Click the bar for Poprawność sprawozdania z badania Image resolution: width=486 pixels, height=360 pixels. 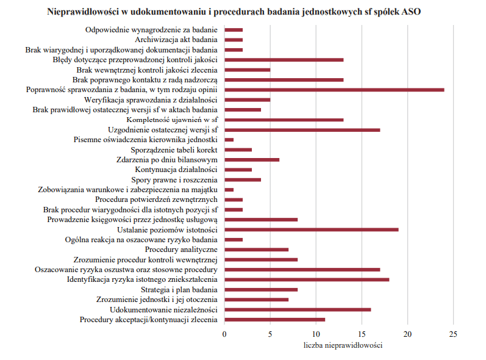pos(334,90)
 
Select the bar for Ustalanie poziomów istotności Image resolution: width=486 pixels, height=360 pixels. pos(312,230)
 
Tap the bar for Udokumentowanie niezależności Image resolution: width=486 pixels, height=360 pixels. pos(298,310)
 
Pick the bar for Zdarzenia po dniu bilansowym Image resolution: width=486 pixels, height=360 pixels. pos(252,160)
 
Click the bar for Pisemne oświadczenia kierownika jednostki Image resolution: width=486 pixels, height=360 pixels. pos(229,140)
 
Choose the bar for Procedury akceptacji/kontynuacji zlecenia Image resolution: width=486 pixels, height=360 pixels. pos(275,320)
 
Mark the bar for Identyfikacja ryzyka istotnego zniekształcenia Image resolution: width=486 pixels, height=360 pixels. pos(307,279)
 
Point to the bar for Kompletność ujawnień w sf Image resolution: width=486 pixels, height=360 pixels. pos(284,120)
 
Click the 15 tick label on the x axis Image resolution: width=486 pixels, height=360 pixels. pos(362,334)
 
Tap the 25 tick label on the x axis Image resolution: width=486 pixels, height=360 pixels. pos(453,334)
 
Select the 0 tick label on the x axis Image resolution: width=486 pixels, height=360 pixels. pos(224,334)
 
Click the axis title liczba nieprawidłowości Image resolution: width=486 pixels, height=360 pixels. pos(343,345)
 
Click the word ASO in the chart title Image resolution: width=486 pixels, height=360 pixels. pos(411,12)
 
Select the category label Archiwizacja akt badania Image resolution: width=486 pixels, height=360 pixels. pos(176,40)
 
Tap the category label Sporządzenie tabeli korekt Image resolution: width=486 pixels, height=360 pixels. pos(174,150)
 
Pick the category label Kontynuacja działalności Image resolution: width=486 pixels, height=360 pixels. pos(176,170)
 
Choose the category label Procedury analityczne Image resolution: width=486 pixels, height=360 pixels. pos(181,250)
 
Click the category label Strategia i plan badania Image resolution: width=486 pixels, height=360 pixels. pos(179,290)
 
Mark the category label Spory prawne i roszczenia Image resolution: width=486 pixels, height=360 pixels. pos(174,180)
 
